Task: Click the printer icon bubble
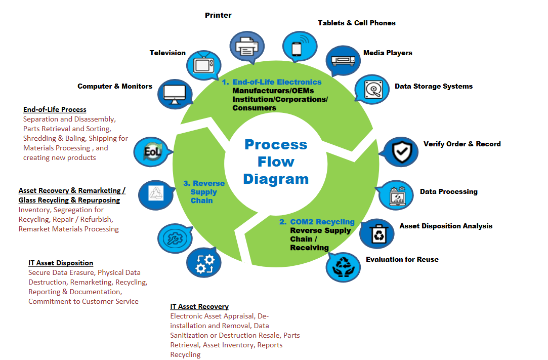(247, 47)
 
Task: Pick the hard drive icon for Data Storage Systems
(373, 90)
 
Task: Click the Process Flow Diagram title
(276, 162)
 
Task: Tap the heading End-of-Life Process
(55, 109)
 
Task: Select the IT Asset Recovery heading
(199, 306)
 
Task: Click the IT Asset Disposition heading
(61, 263)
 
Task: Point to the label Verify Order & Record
(462, 144)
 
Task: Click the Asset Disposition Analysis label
(446, 226)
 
